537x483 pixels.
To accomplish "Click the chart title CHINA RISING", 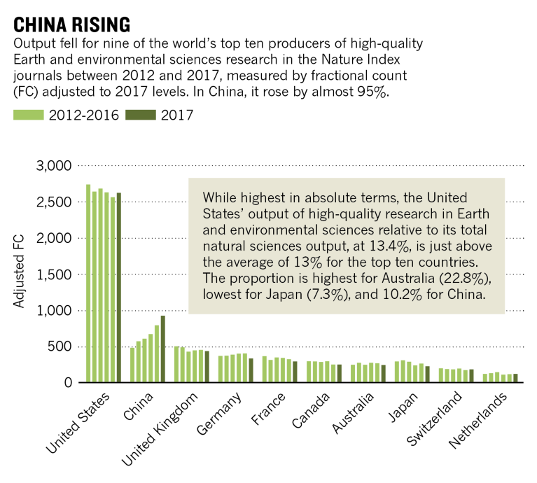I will pyautogui.click(x=71, y=24).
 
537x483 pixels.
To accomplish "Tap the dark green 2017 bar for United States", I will pyautogui.click(x=119, y=288).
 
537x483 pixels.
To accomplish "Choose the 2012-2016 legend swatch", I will pyautogui.click(x=28, y=114).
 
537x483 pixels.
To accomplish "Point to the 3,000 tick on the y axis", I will pyautogui.click(x=53, y=166).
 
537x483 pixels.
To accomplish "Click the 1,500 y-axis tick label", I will pyautogui.click(x=53, y=274).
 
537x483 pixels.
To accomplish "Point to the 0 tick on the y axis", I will pyautogui.click(x=67, y=383).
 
